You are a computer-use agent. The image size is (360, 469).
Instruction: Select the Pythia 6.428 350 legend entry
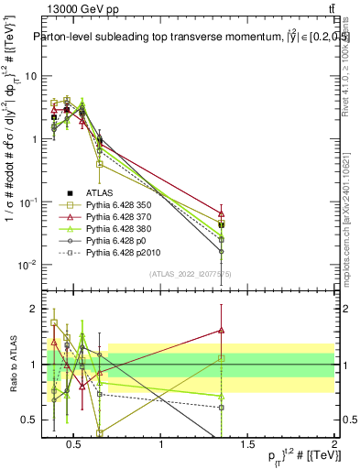coord(120,207)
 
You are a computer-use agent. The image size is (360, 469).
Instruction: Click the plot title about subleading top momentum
coord(183,38)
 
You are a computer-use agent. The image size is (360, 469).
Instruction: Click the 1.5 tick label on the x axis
coord(248,445)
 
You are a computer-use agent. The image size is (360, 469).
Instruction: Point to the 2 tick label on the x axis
coord(334,445)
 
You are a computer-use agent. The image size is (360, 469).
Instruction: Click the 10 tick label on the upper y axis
coord(29,76)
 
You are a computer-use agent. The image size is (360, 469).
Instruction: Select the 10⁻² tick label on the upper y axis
coord(27,266)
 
